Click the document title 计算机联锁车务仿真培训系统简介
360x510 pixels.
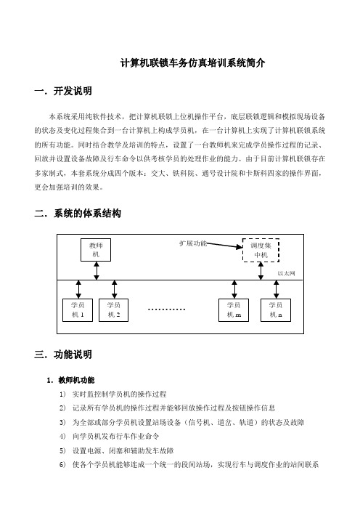(192, 62)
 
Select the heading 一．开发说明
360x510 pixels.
(63, 91)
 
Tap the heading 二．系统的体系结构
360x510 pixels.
(78, 214)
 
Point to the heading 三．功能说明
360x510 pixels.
(63, 355)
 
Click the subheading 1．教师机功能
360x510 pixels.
(70, 380)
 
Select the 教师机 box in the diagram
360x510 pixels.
(96, 250)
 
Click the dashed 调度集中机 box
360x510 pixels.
(261, 250)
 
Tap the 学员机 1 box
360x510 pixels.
(78, 310)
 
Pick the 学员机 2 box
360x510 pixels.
(114, 310)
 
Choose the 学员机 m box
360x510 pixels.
(234, 310)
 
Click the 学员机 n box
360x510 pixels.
(276, 310)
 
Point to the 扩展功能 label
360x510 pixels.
(193, 243)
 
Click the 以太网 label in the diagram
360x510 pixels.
(286, 273)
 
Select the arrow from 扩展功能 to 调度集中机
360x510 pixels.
(224, 246)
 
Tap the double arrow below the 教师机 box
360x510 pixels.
(97, 270)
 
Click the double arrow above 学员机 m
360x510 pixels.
(234, 289)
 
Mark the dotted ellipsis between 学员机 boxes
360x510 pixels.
(166, 309)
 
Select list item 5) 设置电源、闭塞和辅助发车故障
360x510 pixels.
(116, 450)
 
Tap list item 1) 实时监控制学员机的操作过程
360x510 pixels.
(112, 394)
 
